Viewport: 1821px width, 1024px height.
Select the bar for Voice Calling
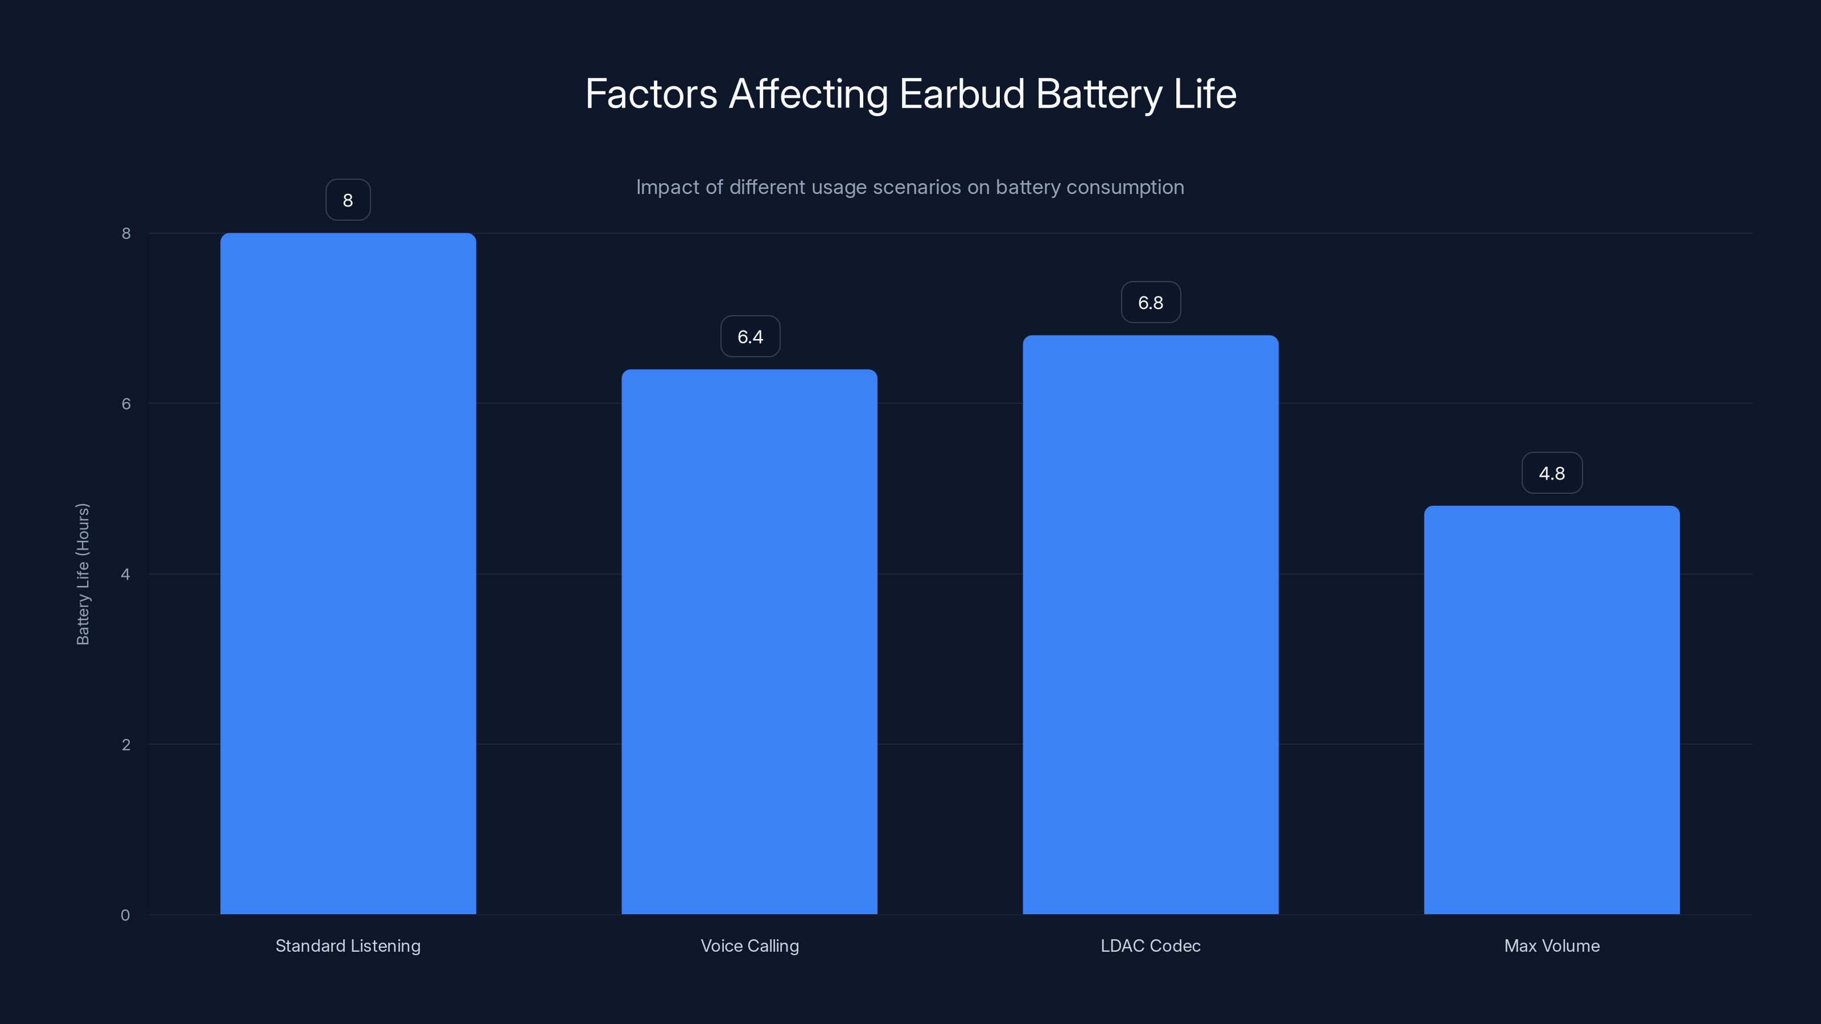pyautogui.click(x=749, y=642)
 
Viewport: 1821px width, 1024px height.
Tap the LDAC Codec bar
pyautogui.click(x=1150, y=625)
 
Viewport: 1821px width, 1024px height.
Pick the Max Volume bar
pyautogui.click(x=1552, y=709)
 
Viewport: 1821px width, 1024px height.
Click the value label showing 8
pyautogui.click(x=348, y=200)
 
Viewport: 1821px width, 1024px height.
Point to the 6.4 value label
pyautogui.click(x=750, y=336)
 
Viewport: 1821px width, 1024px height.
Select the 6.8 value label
pyautogui.click(x=1150, y=303)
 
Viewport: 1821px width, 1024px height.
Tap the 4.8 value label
pyautogui.click(x=1552, y=473)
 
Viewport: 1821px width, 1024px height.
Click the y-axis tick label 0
pyautogui.click(x=125, y=915)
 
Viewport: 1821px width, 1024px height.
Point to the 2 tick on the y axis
pyautogui.click(x=126, y=744)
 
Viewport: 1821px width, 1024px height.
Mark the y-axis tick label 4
pyautogui.click(x=125, y=574)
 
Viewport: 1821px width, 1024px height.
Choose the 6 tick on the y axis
pyautogui.click(x=126, y=403)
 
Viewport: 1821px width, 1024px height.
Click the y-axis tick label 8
pyautogui.click(x=126, y=233)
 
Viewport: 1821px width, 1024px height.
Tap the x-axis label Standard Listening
pyautogui.click(x=348, y=945)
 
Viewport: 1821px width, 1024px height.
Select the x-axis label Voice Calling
pyautogui.click(x=749, y=945)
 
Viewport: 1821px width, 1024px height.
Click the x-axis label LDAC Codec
pyautogui.click(x=1150, y=945)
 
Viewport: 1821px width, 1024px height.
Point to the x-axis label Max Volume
pyautogui.click(x=1552, y=945)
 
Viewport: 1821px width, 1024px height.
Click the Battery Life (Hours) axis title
pyautogui.click(x=83, y=574)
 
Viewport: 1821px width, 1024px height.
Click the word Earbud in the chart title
pyautogui.click(x=962, y=94)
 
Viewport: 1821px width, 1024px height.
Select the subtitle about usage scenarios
pyautogui.click(x=910, y=187)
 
